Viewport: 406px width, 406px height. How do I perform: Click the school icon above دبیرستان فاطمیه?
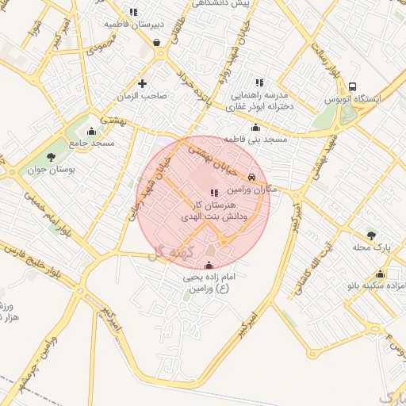[133, 12]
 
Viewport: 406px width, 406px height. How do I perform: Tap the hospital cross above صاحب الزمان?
[143, 83]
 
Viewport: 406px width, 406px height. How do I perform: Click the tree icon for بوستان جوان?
[52, 157]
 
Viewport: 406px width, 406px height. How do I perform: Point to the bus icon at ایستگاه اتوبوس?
[352, 87]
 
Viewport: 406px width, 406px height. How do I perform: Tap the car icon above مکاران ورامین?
[252, 178]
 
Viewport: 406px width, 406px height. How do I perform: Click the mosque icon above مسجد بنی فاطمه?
[255, 128]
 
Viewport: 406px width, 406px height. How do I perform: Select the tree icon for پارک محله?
[371, 236]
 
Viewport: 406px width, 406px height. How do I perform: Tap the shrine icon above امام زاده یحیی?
[209, 266]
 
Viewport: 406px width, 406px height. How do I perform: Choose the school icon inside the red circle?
[213, 193]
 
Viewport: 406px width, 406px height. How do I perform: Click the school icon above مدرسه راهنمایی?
[259, 82]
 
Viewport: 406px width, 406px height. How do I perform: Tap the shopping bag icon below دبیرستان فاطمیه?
[157, 42]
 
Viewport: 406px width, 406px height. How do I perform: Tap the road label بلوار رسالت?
[332, 67]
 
